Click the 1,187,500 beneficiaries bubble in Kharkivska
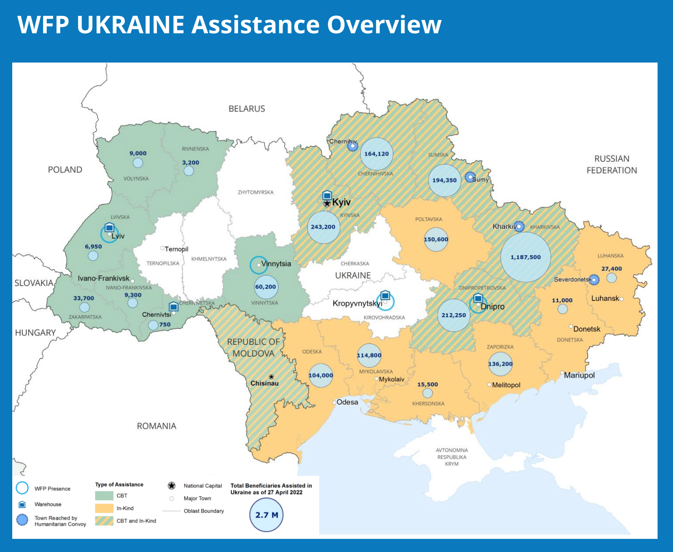[x=525, y=257]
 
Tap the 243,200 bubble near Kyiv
[x=323, y=227]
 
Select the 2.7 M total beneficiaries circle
[x=266, y=515]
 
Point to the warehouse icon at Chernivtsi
[x=173, y=307]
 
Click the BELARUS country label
[x=247, y=109]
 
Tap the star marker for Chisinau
[x=271, y=377]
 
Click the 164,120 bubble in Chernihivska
[x=376, y=154]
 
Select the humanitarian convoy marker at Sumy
[x=470, y=177]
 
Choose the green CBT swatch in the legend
[x=104, y=495]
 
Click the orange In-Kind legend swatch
[x=104, y=508]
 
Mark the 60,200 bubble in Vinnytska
[x=266, y=287]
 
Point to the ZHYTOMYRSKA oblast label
[x=256, y=192]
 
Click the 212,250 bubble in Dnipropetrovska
[x=454, y=315]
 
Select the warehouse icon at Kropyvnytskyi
[x=385, y=295]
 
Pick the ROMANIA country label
[x=156, y=426]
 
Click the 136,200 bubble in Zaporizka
[x=500, y=364]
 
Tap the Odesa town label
[x=347, y=402]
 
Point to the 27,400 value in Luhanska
[x=611, y=269]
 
